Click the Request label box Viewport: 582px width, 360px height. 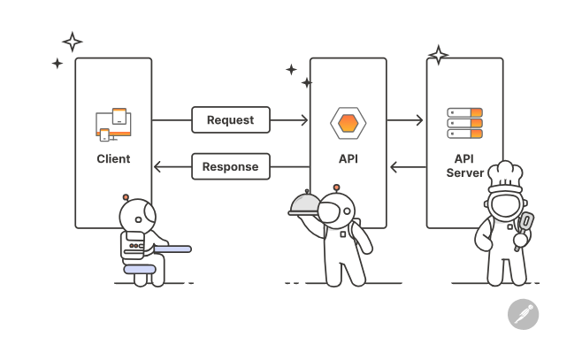tap(230, 119)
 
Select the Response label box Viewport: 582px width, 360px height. tap(230, 165)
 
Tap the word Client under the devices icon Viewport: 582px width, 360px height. tap(113, 159)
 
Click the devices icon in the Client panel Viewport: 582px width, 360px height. tap(113, 125)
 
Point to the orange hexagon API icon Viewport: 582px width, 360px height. tap(348, 122)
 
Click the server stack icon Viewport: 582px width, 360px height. tap(464, 123)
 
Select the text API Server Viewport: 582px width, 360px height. tap(464, 165)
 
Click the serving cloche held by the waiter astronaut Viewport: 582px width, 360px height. tap(304, 203)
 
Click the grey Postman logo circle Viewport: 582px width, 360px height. tap(523, 314)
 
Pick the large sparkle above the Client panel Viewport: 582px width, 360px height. tap(73, 42)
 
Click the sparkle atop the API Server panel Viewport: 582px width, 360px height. tap(438, 55)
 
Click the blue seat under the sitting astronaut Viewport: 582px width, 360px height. tap(140, 268)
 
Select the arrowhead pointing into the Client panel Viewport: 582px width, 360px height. tap(157, 165)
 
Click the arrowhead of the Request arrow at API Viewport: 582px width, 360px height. tap(304, 119)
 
